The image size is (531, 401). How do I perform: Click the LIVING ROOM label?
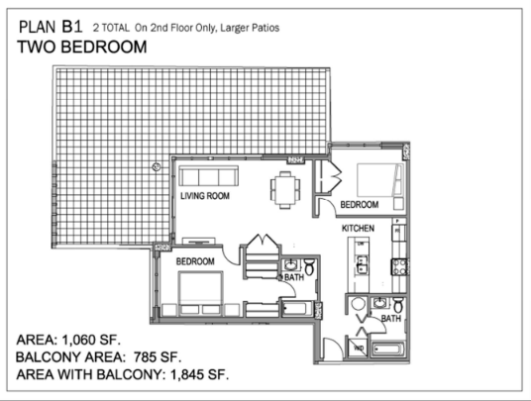pos(205,196)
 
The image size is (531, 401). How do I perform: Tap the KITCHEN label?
pos(358,228)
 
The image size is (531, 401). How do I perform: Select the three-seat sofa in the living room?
pos(209,175)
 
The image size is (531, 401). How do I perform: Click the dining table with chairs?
pos(285,189)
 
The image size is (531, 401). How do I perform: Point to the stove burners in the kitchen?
pos(399,266)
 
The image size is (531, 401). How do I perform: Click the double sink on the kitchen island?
pos(362,264)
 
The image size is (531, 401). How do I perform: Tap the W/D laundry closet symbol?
pos(358,348)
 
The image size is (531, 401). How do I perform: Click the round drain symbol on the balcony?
pos(157,166)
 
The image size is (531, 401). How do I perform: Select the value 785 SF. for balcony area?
pos(158,356)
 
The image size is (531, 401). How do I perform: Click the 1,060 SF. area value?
pos(91,340)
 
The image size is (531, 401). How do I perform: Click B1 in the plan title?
pos(71,27)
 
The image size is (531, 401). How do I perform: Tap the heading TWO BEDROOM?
pos(82,47)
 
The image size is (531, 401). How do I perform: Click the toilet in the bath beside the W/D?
pos(398,305)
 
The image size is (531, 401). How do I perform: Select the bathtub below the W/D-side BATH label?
pos(387,350)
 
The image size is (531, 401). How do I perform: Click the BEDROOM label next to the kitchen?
pos(360,204)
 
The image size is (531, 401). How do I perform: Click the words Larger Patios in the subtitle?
pos(250,28)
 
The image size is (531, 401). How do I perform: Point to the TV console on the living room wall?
pos(199,241)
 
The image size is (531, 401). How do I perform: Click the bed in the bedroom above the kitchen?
pos(380,180)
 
